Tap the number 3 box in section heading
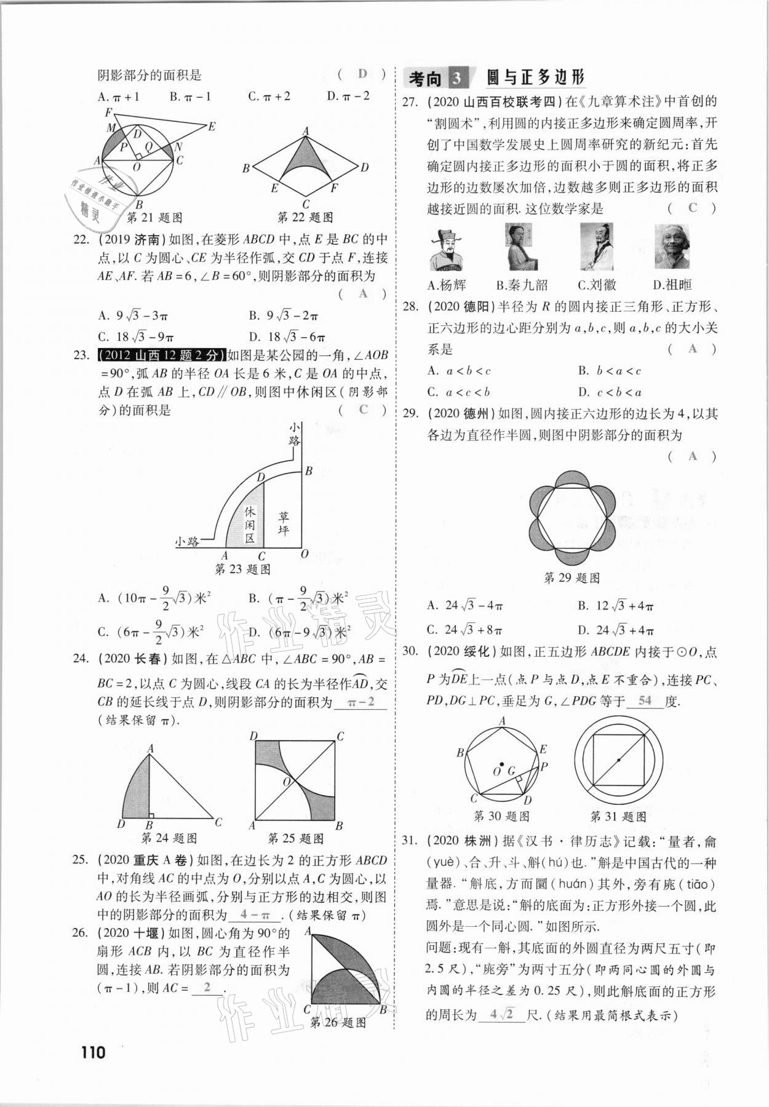click(x=456, y=79)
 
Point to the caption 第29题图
click(x=572, y=577)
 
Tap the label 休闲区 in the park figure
click(x=250, y=524)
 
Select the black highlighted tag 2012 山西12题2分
click(x=161, y=355)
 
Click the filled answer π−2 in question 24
click(x=361, y=702)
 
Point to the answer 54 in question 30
click(x=645, y=700)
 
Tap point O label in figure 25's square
click(x=286, y=782)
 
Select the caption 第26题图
click(x=338, y=1023)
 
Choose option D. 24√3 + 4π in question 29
click(x=615, y=630)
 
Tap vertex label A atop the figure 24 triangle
click(x=150, y=748)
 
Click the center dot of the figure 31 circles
click(x=618, y=760)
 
